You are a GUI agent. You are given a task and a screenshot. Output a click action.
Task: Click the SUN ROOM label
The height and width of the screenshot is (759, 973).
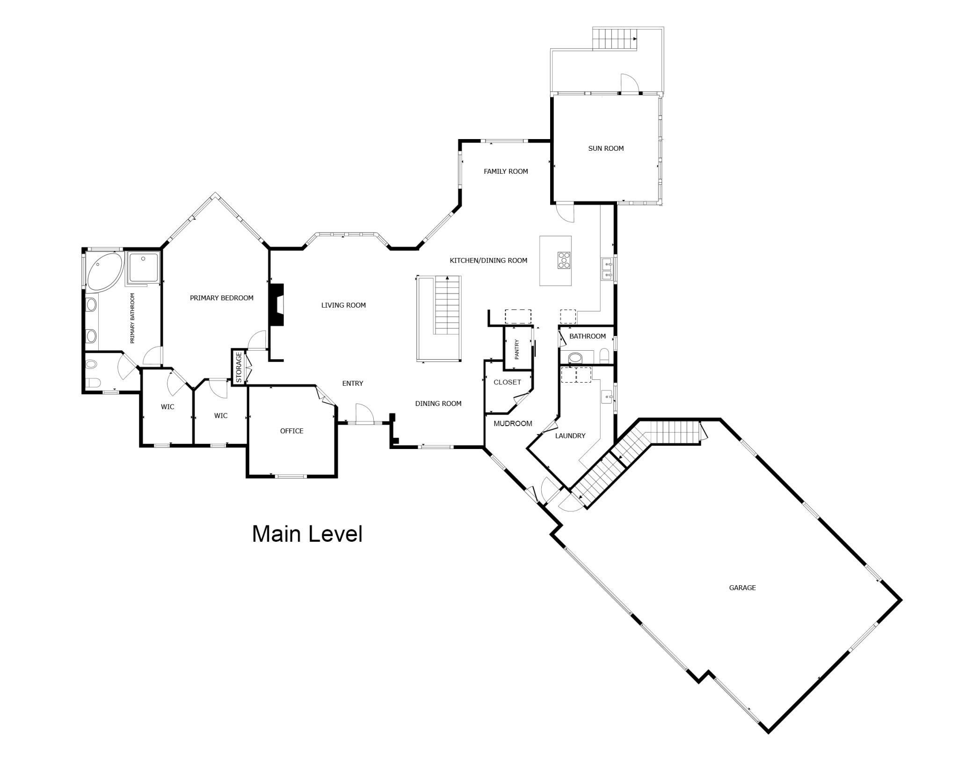606,148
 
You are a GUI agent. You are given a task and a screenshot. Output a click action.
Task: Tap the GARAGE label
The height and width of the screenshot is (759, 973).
742,588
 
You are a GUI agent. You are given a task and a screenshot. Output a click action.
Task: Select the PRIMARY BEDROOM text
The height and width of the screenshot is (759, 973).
222,298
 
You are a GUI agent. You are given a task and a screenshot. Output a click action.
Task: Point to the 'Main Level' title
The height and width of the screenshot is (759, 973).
307,534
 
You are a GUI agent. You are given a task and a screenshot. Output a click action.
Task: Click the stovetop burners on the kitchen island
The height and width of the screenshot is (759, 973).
564,260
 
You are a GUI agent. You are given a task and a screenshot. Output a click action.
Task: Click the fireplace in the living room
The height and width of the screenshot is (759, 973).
276,304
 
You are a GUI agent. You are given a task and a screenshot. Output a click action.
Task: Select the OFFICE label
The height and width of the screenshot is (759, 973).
292,431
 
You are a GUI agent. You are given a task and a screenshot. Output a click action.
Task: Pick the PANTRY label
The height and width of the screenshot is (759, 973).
517,349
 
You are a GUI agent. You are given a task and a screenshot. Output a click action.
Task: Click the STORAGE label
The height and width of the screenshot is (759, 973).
239,368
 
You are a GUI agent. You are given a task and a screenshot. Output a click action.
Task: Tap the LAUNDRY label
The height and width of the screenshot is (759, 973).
570,436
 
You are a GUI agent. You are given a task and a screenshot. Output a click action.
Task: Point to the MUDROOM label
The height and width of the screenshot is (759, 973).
513,424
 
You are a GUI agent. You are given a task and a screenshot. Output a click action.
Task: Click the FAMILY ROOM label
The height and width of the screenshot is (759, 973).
506,171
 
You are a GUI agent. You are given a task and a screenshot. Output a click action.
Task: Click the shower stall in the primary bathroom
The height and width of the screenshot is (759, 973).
143,268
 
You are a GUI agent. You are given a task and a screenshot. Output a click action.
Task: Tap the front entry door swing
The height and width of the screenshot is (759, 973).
364,413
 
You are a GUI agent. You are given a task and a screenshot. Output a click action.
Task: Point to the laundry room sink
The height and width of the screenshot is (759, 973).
607,397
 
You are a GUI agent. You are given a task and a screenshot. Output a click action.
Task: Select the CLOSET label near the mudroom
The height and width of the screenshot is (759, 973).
507,383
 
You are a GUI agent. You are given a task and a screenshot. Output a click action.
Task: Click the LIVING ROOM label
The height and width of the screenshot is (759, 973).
343,305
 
